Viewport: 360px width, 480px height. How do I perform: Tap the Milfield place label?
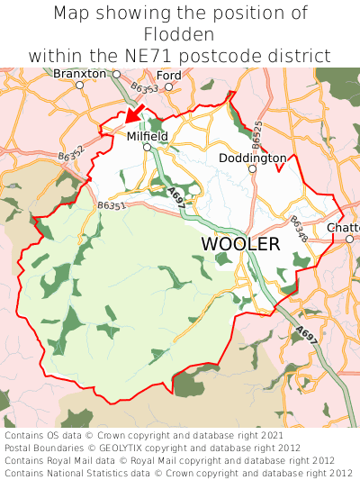(147, 136)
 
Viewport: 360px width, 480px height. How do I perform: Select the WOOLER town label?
(240, 244)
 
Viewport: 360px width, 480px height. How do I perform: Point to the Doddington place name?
(253, 158)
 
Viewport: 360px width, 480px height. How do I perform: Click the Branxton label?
(79, 73)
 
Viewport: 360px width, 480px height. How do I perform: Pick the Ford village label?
(168, 75)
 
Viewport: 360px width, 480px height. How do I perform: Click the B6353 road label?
(144, 88)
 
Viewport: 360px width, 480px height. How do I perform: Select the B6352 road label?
(72, 154)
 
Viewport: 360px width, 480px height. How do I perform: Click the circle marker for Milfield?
(147, 147)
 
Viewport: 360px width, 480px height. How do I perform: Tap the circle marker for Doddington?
(253, 168)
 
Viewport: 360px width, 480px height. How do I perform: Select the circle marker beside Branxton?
(79, 85)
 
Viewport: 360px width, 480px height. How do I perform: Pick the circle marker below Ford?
(168, 86)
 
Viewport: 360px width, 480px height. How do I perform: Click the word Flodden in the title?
(180, 34)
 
